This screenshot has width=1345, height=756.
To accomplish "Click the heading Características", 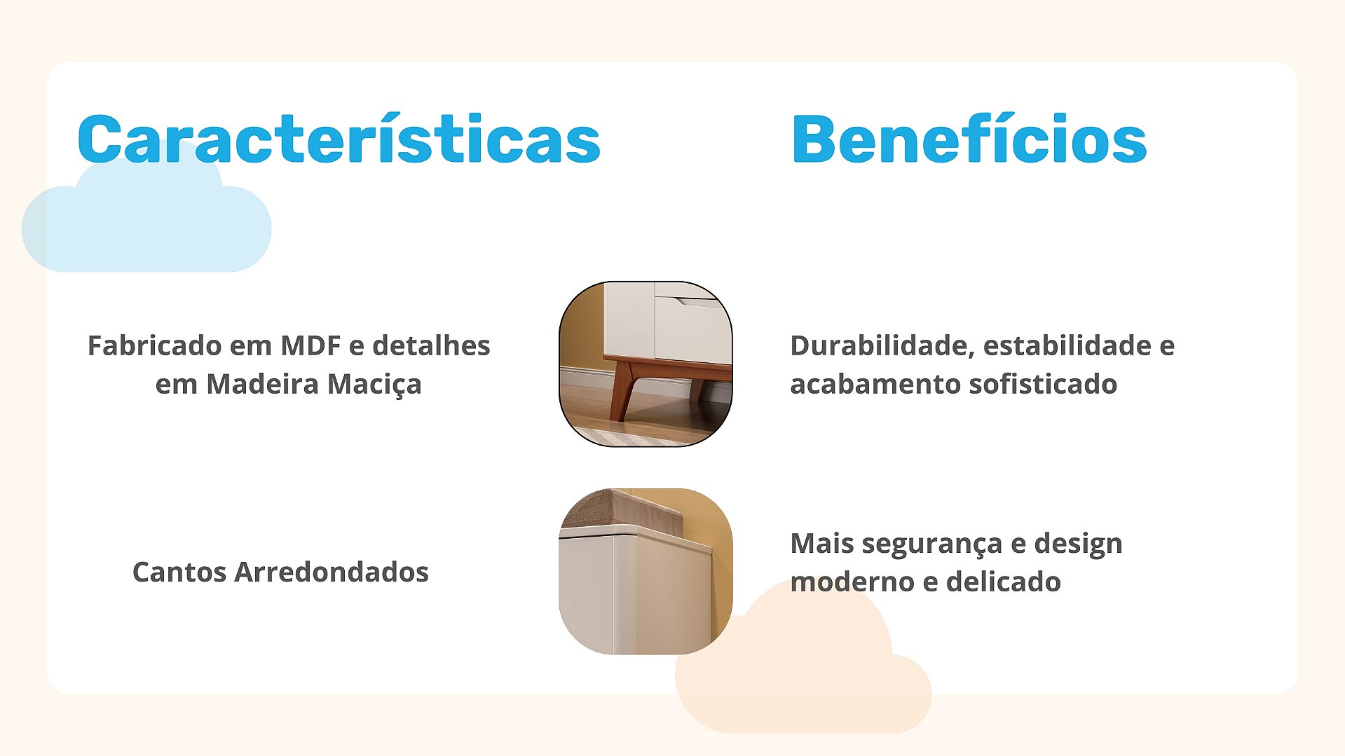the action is pos(339,139).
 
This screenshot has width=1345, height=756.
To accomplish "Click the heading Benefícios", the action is pos(969,139).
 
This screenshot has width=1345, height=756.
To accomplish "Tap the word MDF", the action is pos(310,345).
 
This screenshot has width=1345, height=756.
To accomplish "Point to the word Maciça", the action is pos(374,385).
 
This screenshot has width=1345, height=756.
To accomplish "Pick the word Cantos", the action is pos(179,572).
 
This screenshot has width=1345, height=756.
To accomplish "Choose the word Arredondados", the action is pos(332,572).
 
